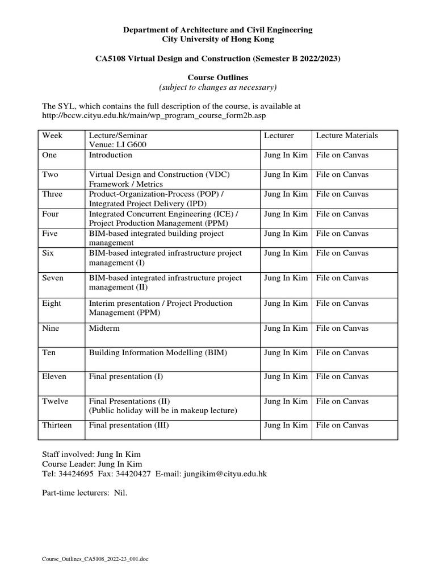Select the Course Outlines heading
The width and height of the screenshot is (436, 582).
pyautogui.click(x=218, y=77)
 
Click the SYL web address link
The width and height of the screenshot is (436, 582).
pyautogui.click(x=154, y=115)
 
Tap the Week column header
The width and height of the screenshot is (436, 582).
pyautogui.click(x=52, y=135)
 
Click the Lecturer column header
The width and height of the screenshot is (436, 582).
pyautogui.click(x=279, y=135)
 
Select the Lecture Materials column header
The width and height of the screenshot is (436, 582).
pyautogui.click(x=347, y=135)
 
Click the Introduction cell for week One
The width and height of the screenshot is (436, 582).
pyautogui.click(x=110, y=155)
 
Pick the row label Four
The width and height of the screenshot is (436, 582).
pyautogui.click(x=51, y=214)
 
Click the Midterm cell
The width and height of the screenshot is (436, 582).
pyautogui.click(x=104, y=328)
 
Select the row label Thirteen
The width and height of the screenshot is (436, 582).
pyautogui.click(x=57, y=425)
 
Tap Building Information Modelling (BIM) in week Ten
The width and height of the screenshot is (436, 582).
pyautogui.click(x=158, y=352)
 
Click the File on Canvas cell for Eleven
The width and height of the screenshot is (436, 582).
pyautogui.click(x=342, y=376)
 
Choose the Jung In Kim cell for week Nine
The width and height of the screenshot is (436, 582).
pyautogui.click(x=286, y=328)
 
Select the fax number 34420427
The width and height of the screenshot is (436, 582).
pyautogui.click(x=132, y=473)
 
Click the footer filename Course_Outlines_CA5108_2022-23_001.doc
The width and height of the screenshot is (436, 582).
pyautogui.click(x=95, y=559)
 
